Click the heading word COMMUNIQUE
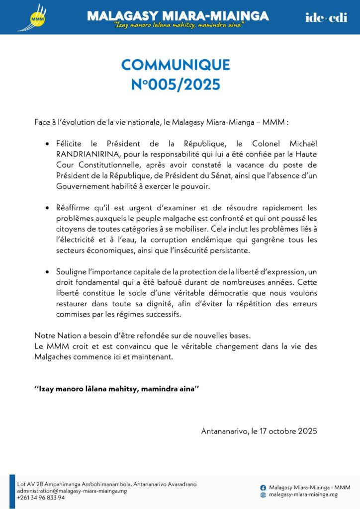[x=176, y=65]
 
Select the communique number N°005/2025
[x=176, y=85]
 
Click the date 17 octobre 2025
[x=288, y=431]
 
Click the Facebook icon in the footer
[x=263, y=487]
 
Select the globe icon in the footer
[x=263, y=495]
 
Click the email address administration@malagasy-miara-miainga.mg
[x=72, y=491]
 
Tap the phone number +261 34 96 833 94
[x=41, y=498]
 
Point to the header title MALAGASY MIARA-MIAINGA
[x=178, y=16]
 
